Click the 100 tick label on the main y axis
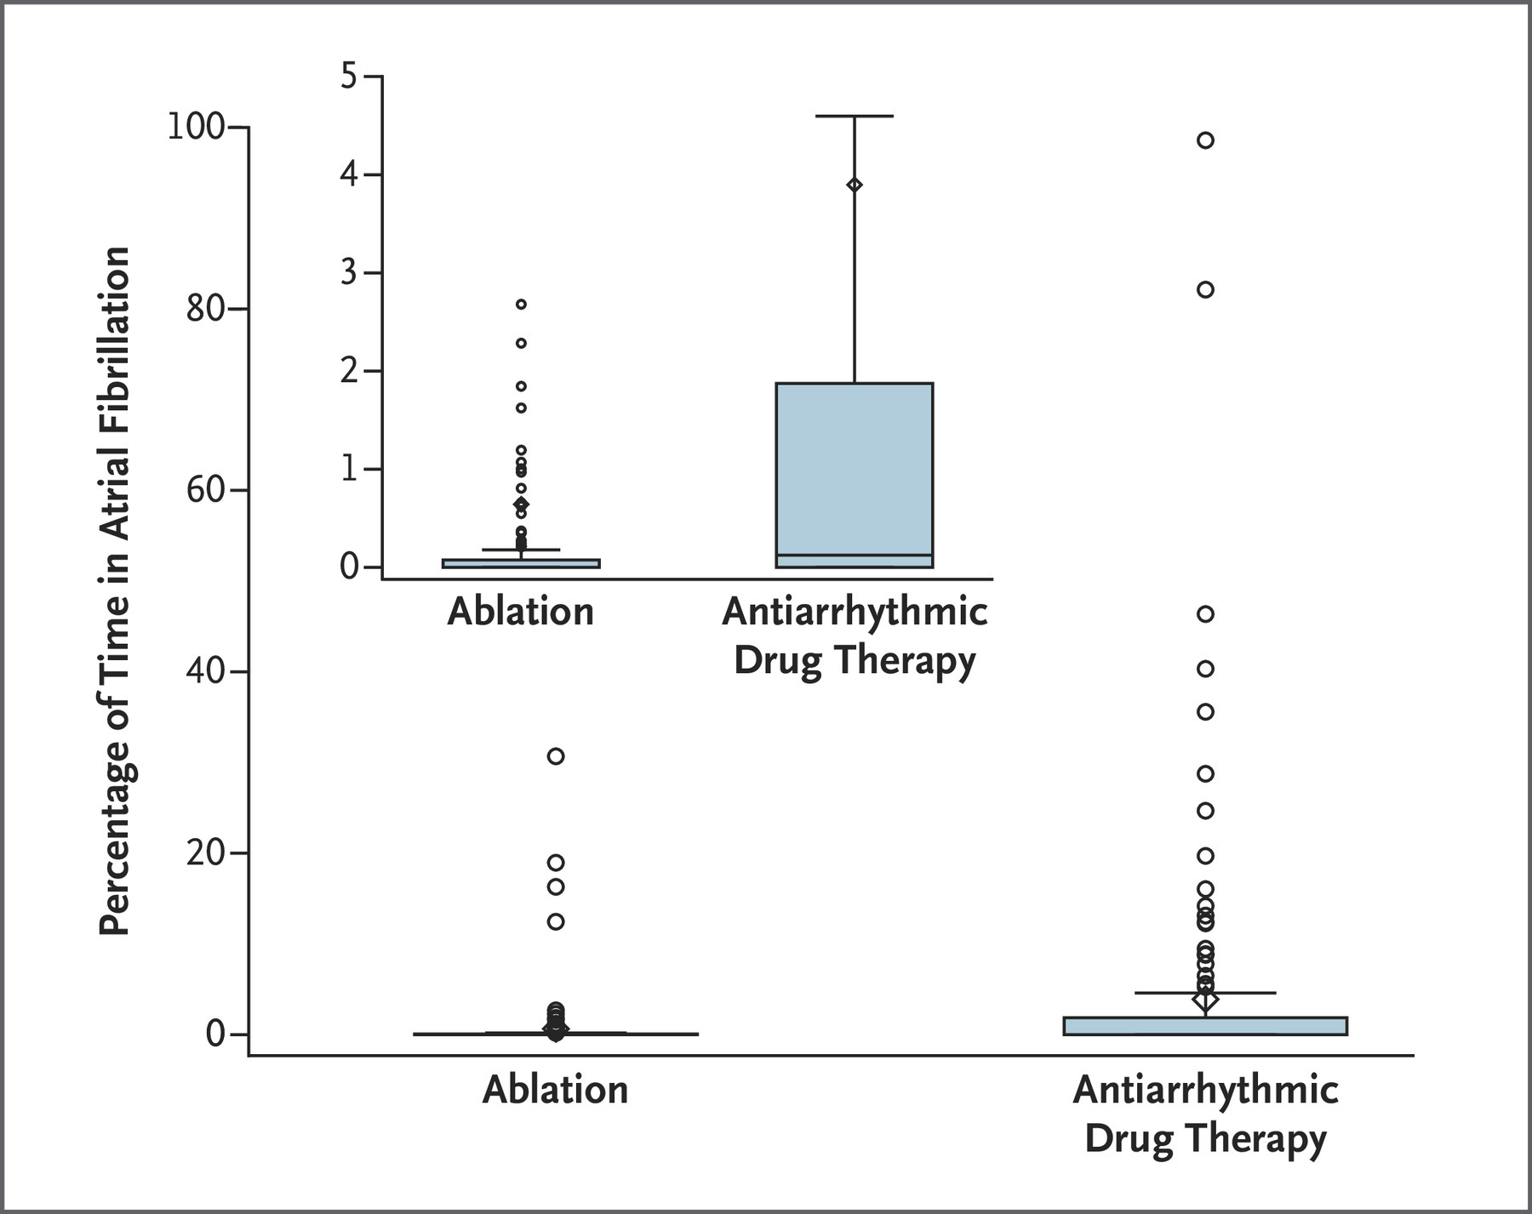point(195,128)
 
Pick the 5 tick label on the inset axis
point(349,77)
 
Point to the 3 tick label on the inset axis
point(349,273)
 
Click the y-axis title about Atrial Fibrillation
point(115,591)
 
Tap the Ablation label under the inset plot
point(520,612)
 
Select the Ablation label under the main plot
point(555,1089)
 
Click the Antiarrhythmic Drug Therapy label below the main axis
point(1205,1113)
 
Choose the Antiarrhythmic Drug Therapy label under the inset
point(855,635)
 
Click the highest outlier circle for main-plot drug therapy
point(1205,140)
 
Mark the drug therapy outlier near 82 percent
point(1205,290)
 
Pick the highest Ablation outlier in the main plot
point(556,756)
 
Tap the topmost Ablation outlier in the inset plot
point(521,304)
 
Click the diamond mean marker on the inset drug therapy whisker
point(855,185)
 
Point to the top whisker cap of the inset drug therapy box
point(855,116)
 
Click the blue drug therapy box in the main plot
point(1205,1026)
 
